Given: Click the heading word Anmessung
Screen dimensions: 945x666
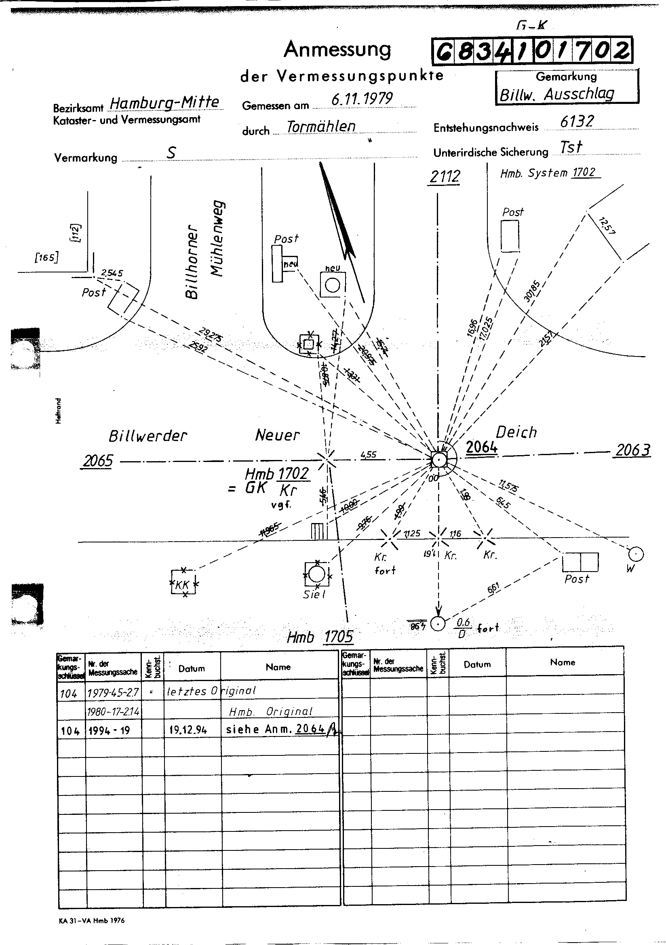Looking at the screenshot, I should (x=337, y=50).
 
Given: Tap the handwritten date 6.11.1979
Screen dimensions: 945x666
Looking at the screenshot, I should (x=362, y=98).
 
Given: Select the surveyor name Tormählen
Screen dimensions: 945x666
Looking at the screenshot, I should (x=321, y=126).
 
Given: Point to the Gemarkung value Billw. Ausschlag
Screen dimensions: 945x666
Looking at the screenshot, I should (x=556, y=95).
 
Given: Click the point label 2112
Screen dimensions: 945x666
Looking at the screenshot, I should (x=445, y=177).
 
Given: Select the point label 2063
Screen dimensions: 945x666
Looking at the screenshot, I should (x=632, y=451).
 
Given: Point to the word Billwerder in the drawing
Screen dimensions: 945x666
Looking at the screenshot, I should (x=148, y=436).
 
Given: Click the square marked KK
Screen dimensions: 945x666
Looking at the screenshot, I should (x=183, y=582).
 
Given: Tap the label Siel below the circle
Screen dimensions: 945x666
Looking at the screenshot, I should (x=314, y=595).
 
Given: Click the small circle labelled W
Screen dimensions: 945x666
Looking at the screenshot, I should (x=636, y=555).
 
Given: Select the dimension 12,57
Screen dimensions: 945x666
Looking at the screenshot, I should (x=607, y=226).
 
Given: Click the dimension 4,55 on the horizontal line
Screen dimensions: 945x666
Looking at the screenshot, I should (x=368, y=455).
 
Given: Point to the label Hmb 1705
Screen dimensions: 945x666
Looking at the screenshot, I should (x=320, y=637).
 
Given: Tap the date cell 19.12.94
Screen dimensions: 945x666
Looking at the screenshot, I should (x=188, y=730).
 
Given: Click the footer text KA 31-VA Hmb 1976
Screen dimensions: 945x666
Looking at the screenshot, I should (x=91, y=921).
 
